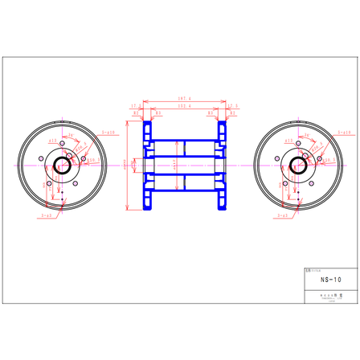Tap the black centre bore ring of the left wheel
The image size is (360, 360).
click(62, 166)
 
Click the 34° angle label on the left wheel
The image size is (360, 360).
click(69, 137)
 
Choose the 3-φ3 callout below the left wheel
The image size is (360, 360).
click(46, 215)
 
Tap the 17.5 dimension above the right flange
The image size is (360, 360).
click(233, 106)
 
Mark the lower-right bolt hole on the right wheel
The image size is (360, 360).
click(310, 185)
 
